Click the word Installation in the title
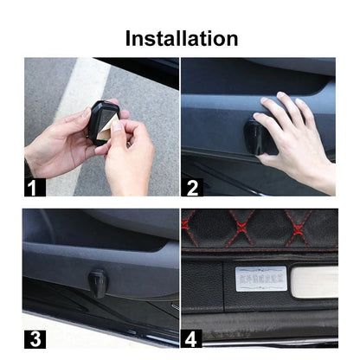[181, 38]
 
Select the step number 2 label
[192, 185]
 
